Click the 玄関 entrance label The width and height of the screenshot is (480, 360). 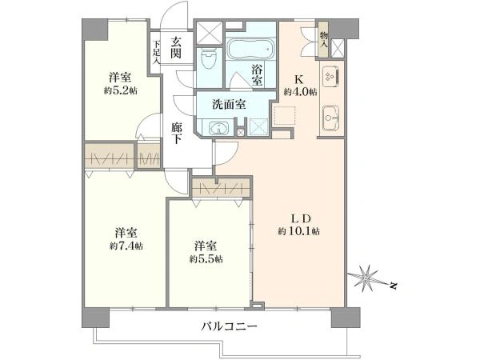pos(176,48)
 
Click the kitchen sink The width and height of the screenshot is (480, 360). pos(330,121)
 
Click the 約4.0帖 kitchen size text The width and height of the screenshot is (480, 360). pos(300,92)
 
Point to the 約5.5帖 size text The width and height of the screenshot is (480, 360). pos(206,258)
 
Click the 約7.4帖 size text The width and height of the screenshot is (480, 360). pos(126,246)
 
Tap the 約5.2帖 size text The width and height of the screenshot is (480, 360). pos(120,90)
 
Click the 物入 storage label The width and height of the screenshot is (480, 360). pos(323,39)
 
